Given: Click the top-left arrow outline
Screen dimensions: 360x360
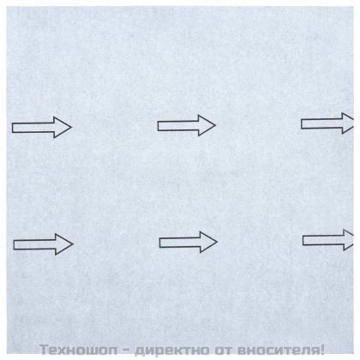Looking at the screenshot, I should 40,129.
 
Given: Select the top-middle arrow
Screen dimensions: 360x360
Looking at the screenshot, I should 185,126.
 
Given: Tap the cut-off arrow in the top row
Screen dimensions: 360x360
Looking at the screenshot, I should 327,123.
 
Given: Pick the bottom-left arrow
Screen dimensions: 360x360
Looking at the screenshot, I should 42,244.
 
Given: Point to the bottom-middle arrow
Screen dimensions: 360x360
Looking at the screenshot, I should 187,242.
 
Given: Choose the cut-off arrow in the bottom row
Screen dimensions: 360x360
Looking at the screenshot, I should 328,240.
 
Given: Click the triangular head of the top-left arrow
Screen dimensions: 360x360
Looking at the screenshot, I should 62,129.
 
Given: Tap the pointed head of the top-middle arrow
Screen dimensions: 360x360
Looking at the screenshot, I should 207,126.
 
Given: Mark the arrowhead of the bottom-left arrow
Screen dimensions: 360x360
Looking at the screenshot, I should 63,244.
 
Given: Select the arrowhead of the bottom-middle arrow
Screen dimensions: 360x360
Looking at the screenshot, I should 208,242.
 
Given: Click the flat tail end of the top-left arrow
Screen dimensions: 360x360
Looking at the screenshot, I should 14,129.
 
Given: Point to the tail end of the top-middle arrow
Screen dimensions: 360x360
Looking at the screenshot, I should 159,126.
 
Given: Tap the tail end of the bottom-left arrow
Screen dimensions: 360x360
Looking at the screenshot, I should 15,244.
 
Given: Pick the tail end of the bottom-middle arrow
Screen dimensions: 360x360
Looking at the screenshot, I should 161,242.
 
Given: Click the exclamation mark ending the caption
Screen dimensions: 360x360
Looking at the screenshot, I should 322,350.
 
